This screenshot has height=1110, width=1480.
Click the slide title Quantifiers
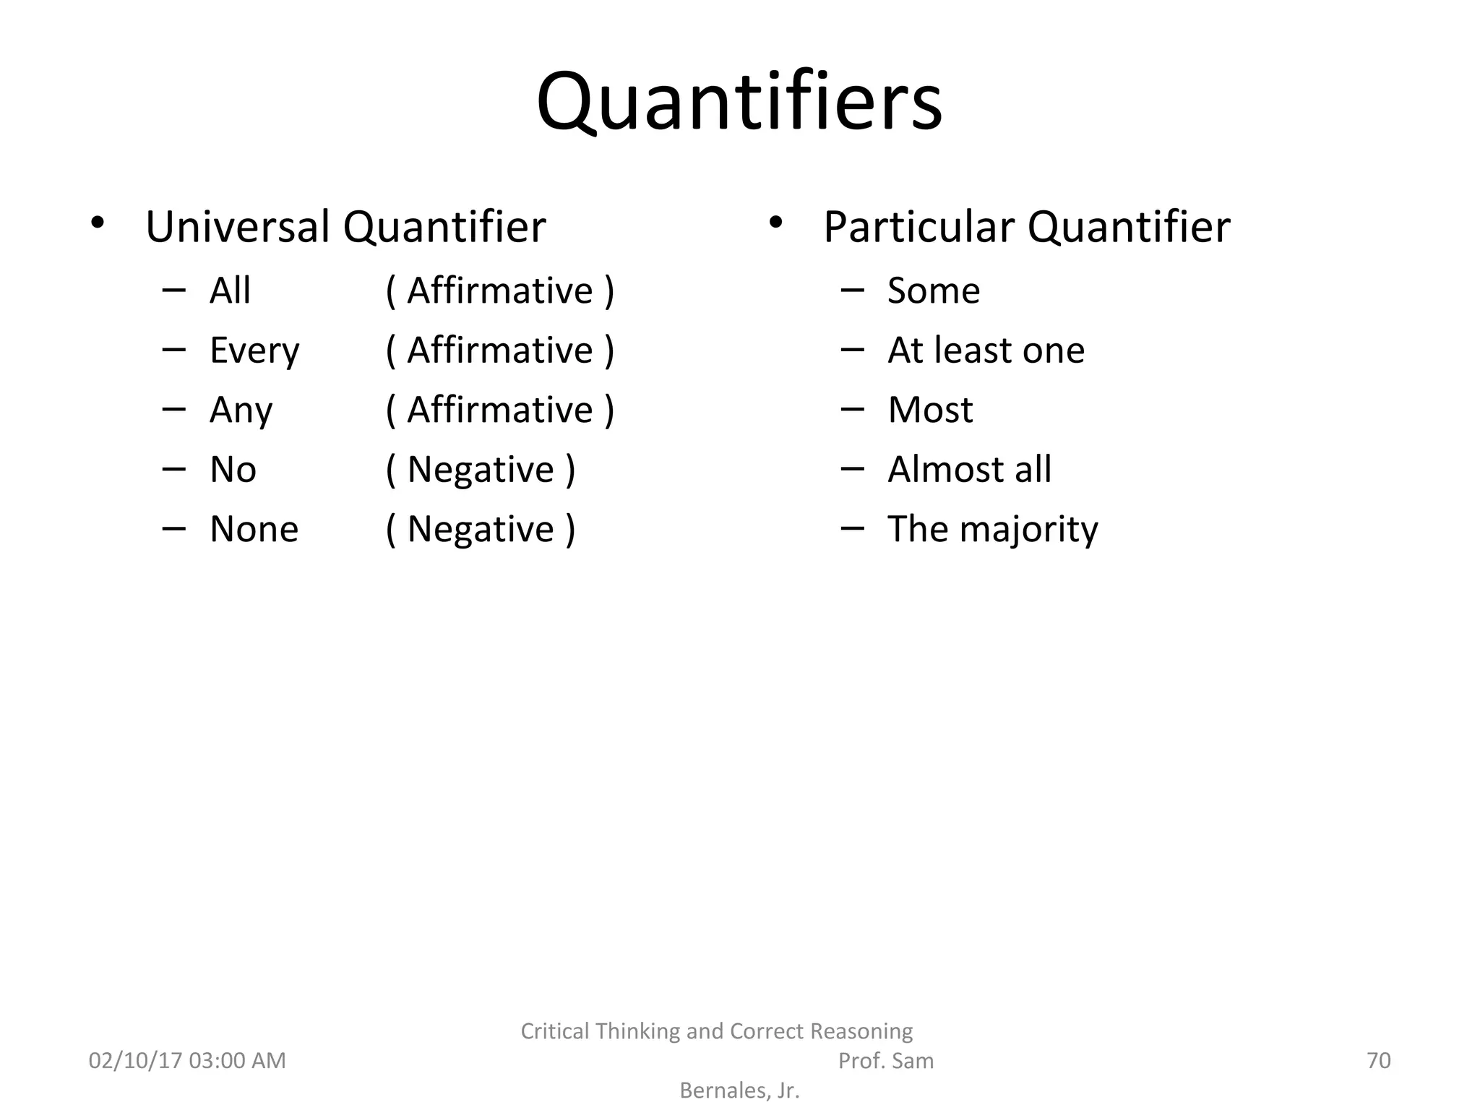739,102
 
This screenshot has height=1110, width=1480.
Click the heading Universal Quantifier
345,227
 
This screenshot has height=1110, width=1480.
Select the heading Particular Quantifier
1026,227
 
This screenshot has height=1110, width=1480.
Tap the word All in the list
230,291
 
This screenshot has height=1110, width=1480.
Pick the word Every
254,351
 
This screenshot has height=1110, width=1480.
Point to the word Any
241,410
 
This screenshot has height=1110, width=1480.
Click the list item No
233,470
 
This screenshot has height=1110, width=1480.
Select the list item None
254,529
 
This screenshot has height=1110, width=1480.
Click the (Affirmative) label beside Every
500,350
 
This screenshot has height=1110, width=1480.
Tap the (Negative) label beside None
481,529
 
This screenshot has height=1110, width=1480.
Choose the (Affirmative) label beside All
500,291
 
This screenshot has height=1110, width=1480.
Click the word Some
934,291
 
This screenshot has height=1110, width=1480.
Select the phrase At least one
986,350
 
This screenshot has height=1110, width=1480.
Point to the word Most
930,410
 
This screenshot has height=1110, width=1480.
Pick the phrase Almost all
969,470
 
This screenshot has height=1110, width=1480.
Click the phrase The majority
992,529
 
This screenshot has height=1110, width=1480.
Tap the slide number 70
1378,1060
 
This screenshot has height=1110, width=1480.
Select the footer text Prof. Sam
885,1060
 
